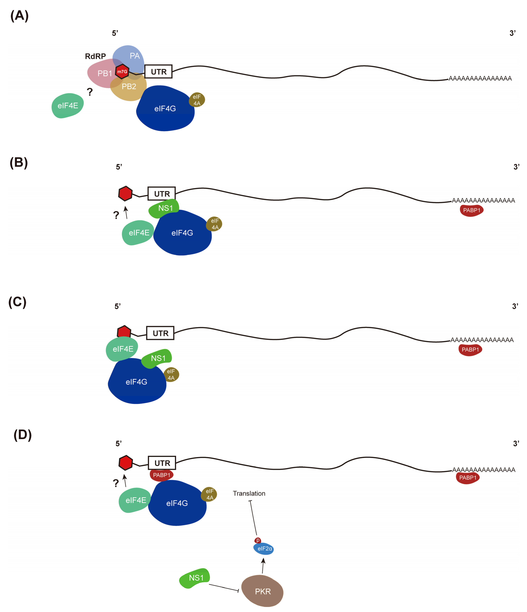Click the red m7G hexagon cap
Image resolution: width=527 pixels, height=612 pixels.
pyautogui.click(x=122, y=72)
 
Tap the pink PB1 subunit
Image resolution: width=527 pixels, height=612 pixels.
pyautogui.click(x=102, y=74)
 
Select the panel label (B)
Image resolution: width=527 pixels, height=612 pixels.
pyautogui.click(x=19, y=163)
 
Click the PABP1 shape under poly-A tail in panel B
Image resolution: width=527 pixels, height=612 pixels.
pyautogui.click(x=471, y=210)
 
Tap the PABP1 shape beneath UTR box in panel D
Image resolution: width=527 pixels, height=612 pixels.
pyautogui.click(x=161, y=475)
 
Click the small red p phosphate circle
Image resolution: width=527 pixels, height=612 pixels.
pyautogui.click(x=257, y=540)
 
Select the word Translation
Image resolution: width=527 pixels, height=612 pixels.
pyautogui.click(x=249, y=493)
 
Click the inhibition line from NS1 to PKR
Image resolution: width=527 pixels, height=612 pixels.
pyautogui.click(x=223, y=587)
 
